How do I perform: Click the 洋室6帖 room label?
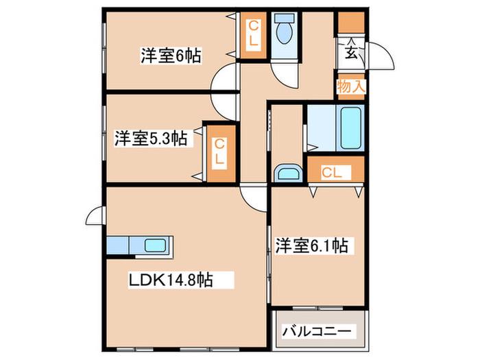pyautogui.click(x=171, y=56)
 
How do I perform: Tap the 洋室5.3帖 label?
pyautogui.click(x=151, y=139)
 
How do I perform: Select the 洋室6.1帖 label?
pyautogui.click(x=311, y=245)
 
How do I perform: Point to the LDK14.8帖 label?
pyautogui.click(x=171, y=279)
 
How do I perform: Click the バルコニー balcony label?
pyautogui.click(x=317, y=331)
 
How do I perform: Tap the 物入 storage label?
pyautogui.click(x=351, y=86)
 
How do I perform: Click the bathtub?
pyautogui.click(x=350, y=128)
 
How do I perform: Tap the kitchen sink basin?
pyautogui.click(x=155, y=245)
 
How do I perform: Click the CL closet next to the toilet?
pyautogui.click(x=253, y=35)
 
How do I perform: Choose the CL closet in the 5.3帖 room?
pyautogui.click(x=219, y=154)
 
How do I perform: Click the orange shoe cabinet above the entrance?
pyautogui.click(x=351, y=23)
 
